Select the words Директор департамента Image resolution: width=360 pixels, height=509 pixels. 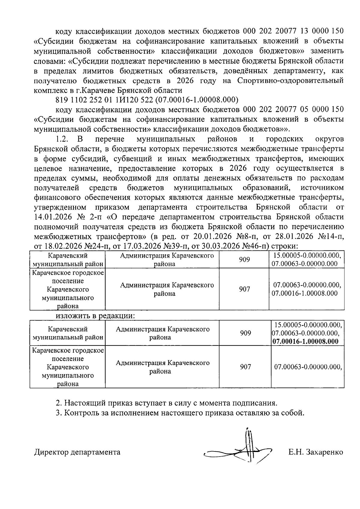click(x=77, y=452)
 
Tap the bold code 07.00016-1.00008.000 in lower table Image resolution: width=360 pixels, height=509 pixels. click(x=305, y=341)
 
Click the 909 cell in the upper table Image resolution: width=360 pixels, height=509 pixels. click(x=244, y=260)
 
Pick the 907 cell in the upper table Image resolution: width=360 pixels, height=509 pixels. click(x=244, y=289)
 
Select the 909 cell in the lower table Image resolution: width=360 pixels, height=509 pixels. click(x=245, y=333)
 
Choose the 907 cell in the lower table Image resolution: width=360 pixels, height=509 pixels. click(x=245, y=367)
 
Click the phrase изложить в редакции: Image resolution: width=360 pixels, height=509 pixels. click(x=95, y=316)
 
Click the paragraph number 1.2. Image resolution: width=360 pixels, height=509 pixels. click(x=63, y=139)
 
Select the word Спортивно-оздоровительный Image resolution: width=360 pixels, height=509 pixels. click(x=290, y=81)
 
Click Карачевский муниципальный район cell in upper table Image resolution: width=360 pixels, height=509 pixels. click(x=68, y=260)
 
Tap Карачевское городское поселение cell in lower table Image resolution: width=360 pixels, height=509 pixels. click(x=68, y=367)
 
